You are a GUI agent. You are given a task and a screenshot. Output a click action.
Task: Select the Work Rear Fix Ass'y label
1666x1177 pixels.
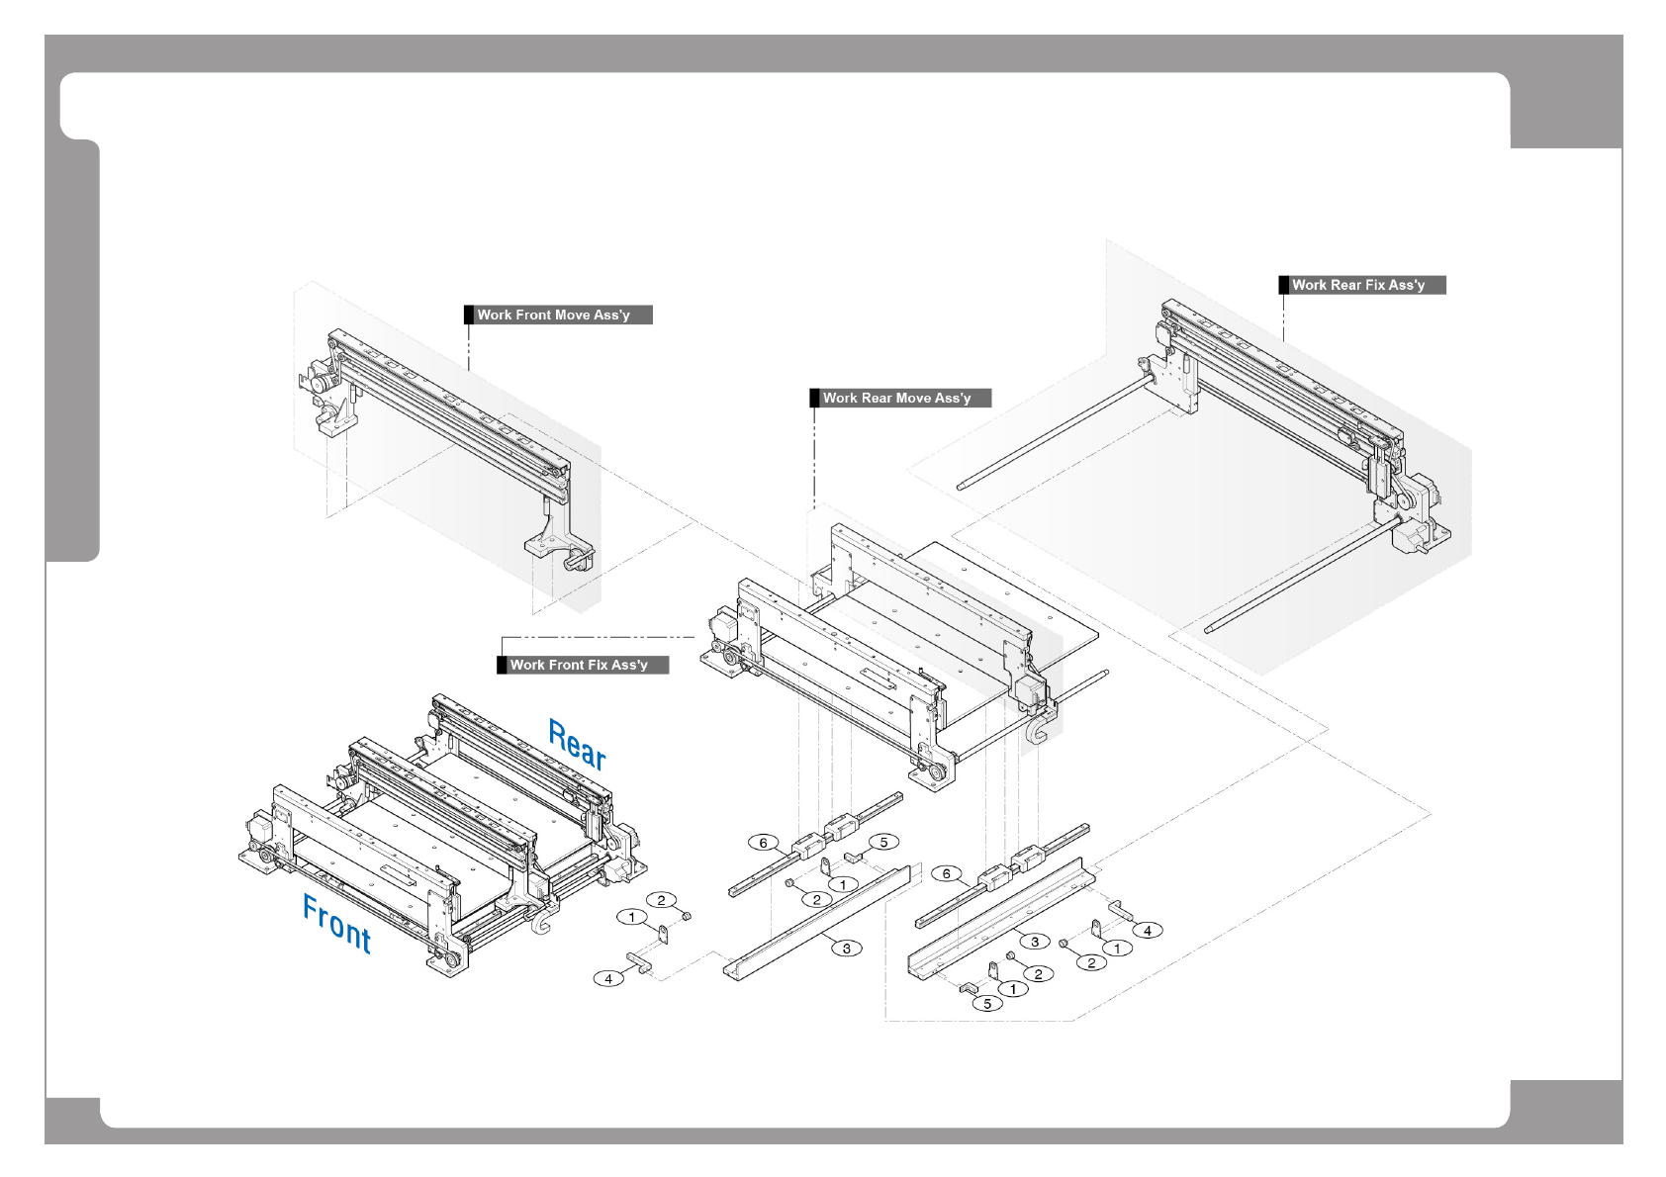tap(1363, 285)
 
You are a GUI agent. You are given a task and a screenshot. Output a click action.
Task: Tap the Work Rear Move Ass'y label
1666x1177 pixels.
tap(901, 398)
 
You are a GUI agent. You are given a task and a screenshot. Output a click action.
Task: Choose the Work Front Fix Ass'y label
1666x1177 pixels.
tap(584, 665)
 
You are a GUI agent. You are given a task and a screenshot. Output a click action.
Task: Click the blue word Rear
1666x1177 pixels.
tap(578, 745)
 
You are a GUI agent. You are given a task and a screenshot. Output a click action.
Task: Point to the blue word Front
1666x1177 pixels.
tap(336, 924)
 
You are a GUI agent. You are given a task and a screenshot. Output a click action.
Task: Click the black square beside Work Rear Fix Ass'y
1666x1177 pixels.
tap(1284, 285)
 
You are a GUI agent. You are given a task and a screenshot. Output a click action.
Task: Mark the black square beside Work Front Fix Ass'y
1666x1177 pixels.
tap(502, 665)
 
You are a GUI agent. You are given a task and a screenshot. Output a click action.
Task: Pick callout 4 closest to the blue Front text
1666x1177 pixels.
tap(608, 978)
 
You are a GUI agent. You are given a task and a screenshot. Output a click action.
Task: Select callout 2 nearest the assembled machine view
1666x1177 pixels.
tap(661, 900)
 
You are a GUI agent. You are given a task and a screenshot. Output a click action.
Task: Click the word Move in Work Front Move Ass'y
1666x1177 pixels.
tap(572, 315)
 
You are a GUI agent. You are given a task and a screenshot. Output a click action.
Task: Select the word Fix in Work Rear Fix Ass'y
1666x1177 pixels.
tap(1374, 285)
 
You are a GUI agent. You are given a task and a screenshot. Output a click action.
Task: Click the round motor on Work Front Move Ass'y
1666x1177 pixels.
tap(319, 384)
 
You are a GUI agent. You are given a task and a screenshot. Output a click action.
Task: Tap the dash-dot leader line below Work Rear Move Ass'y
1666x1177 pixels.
tap(814, 455)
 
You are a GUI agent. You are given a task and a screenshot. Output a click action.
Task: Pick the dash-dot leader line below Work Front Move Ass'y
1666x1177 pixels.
tap(469, 346)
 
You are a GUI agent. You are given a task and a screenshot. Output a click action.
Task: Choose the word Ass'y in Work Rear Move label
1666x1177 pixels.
tap(953, 398)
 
